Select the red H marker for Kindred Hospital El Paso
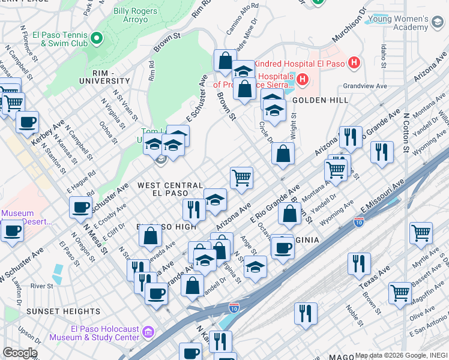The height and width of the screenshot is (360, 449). (355, 62)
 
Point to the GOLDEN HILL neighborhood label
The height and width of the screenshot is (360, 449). (321, 100)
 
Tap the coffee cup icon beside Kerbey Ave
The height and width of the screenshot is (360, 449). (26, 123)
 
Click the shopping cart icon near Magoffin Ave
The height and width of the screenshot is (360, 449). (400, 293)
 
